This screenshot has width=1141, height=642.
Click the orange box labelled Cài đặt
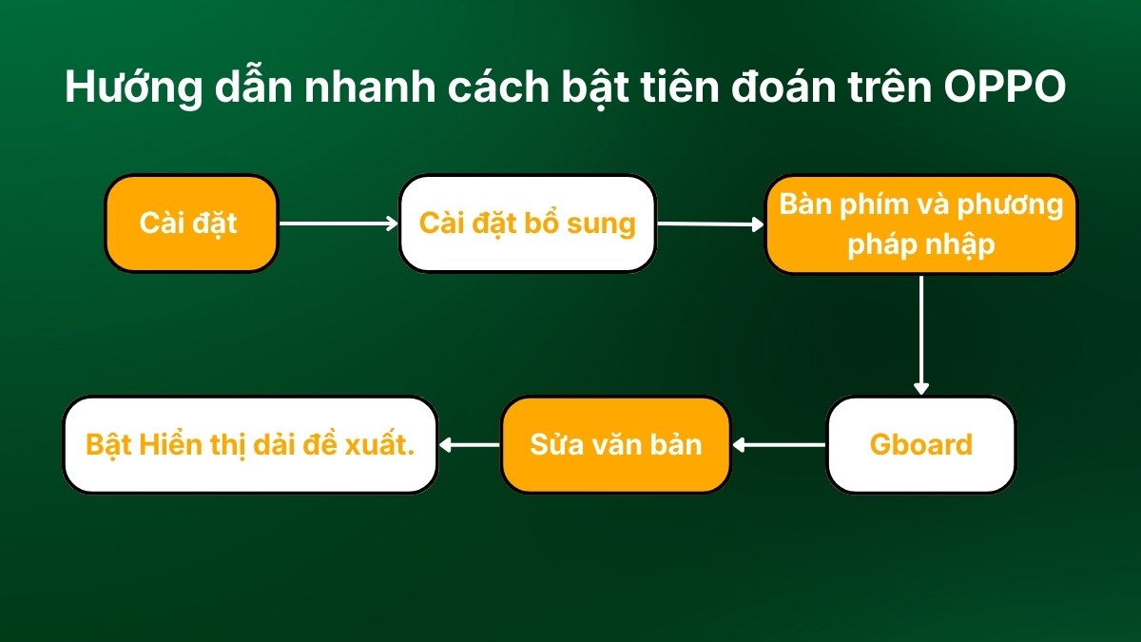click(x=191, y=224)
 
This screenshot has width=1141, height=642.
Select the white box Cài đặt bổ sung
click(x=527, y=224)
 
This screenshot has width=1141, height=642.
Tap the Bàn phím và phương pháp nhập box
click(x=920, y=224)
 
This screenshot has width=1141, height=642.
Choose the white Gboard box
click(x=920, y=445)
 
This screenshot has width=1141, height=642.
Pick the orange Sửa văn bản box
click(x=615, y=445)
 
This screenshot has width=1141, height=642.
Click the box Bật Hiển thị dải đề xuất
click(x=250, y=445)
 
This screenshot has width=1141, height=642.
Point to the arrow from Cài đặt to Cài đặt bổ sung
click(x=338, y=224)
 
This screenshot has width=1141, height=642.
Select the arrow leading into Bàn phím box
click(x=710, y=224)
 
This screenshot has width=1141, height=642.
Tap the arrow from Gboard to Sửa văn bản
click(x=779, y=444)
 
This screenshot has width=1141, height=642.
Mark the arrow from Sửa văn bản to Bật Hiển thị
click(x=470, y=444)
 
